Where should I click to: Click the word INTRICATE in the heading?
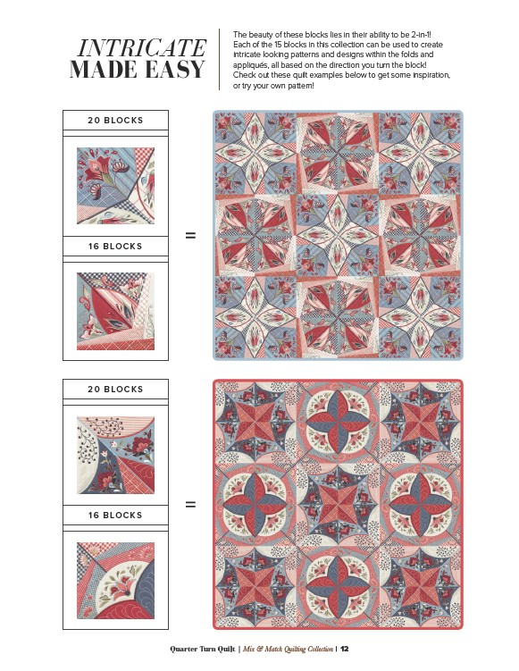click(x=142, y=48)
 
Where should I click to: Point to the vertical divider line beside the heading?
click(x=220, y=60)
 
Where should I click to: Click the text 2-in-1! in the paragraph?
click(x=424, y=35)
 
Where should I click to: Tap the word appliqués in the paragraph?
click(x=251, y=65)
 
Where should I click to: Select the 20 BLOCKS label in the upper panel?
click(x=115, y=121)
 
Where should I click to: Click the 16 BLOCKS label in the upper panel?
click(x=115, y=246)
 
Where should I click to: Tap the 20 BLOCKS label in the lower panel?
click(x=115, y=389)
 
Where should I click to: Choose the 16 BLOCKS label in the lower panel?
click(x=115, y=515)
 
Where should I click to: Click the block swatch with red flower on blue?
click(x=115, y=186)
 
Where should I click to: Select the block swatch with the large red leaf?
click(x=115, y=311)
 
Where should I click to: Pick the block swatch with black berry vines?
click(x=115, y=455)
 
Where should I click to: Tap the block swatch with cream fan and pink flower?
click(x=115, y=580)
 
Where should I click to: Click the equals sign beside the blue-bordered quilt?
click(x=190, y=235)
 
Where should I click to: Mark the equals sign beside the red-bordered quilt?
click(x=190, y=504)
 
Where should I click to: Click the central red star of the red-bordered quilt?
click(x=338, y=504)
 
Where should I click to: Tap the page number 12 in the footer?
click(x=345, y=649)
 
